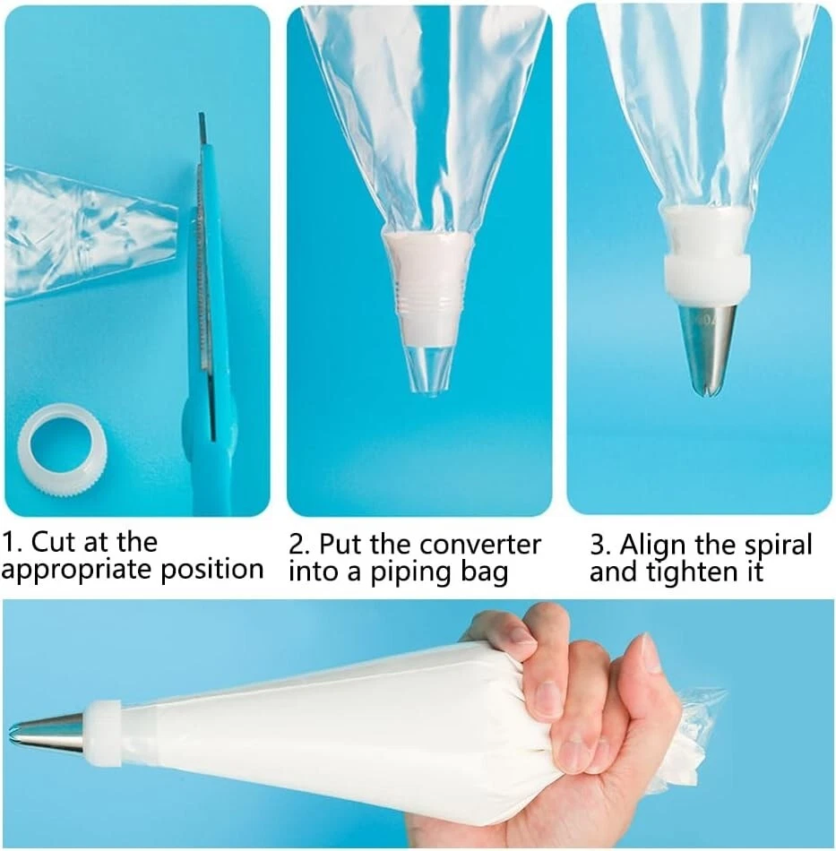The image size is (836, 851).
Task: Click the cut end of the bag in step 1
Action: click(x=174, y=220)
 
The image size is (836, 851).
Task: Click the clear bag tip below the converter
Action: click(x=427, y=369)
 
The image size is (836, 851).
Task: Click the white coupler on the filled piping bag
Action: click(x=103, y=733)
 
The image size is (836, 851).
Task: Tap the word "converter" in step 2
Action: click(x=480, y=545)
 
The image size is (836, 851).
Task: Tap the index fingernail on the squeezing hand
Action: click(x=521, y=634)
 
